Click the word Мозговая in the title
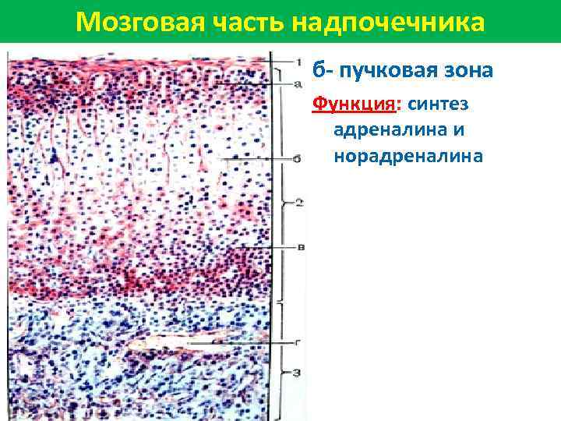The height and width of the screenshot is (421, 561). [x=128, y=21]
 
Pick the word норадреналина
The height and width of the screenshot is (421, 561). [x=408, y=157]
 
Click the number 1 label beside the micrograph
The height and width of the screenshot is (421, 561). [x=298, y=61]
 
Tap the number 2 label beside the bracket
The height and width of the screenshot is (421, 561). [x=298, y=203]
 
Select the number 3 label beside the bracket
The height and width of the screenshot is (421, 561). [x=298, y=373]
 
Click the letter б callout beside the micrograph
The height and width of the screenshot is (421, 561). [x=298, y=159]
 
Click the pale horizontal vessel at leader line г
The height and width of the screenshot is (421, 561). [x=164, y=342]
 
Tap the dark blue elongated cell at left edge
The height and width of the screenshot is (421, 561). [x=55, y=160]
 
